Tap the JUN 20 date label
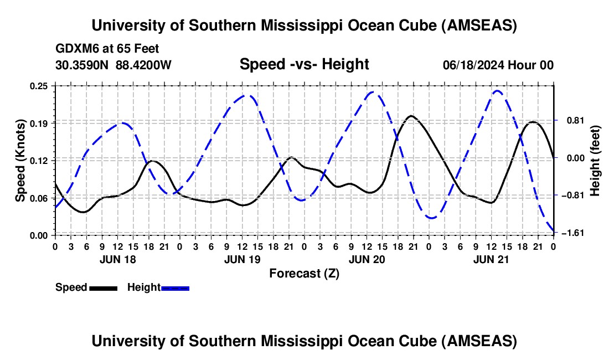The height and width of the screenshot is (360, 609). [x=367, y=259]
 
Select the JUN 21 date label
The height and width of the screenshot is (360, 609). [x=492, y=259]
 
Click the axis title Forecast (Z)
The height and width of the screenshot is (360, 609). [x=304, y=273]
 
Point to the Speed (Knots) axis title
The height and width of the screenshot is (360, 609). [x=21, y=161]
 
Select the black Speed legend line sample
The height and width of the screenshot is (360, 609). [x=102, y=287]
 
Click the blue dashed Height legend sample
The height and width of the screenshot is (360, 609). [x=175, y=287]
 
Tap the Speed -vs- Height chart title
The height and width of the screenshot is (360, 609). [x=304, y=65]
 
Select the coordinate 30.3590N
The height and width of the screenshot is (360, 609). [x=81, y=65]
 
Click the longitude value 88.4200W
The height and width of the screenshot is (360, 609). [x=144, y=65]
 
